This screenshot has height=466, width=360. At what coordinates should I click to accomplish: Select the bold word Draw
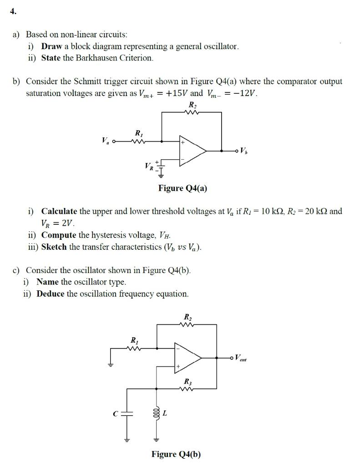pyautogui.click(x=51, y=46)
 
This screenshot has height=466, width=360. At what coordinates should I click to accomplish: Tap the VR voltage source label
pyautogui.click(x=148, y=167)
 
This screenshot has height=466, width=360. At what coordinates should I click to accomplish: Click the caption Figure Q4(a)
pyautogui.click(x=183, y=188)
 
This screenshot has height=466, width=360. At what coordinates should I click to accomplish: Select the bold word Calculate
pyautogui.click(x=59, y=211)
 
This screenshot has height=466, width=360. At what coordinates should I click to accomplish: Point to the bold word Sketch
pyautogui.click(x=54, y=247)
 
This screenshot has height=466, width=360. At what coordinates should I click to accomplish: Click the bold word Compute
pyautogui.click(x=59, y=235)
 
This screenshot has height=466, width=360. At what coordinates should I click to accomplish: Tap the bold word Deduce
pyautogui.click(x=51, y=294)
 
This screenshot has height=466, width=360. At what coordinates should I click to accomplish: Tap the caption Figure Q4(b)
pyautogui.click(x=176, y=454)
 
